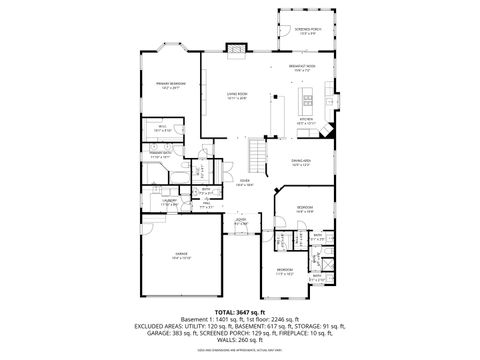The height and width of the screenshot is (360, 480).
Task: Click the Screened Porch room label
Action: point(307,31)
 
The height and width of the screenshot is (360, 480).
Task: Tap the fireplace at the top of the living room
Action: point(237,46)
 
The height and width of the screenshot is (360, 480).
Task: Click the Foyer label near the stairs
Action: point(242,183)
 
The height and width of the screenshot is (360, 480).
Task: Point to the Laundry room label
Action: point(170,201)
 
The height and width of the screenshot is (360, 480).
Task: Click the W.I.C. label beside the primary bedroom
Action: point(166,127)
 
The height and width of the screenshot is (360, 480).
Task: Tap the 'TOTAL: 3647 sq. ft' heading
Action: point(240,311)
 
